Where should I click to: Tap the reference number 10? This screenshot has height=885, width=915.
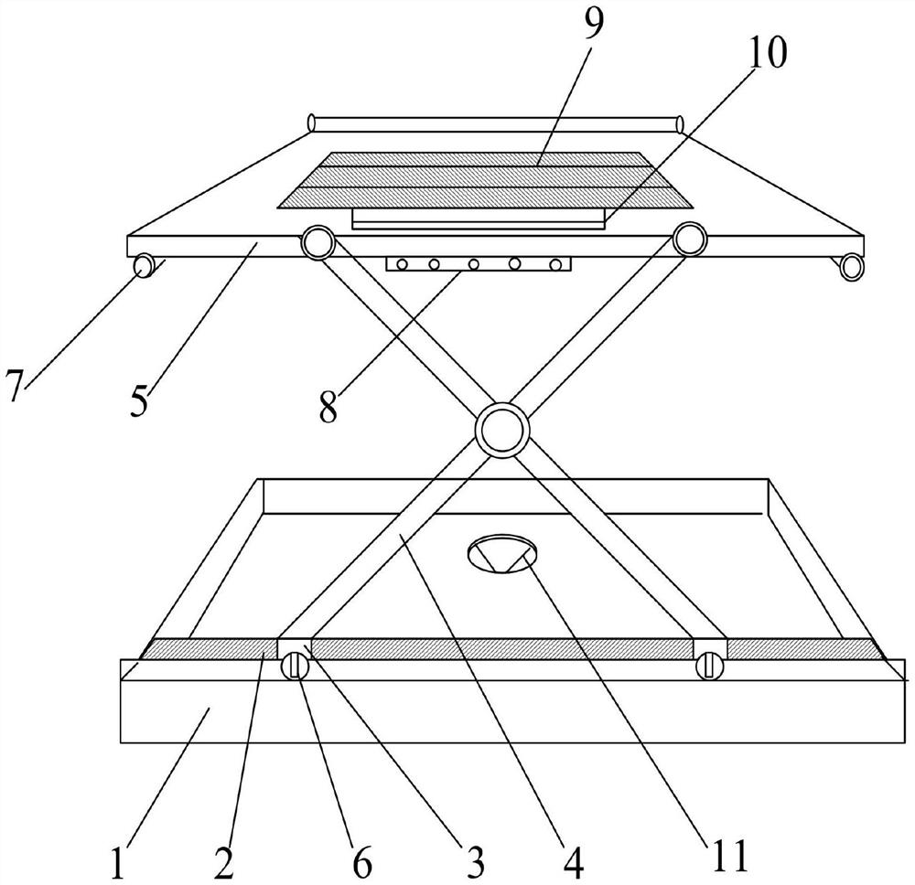768,56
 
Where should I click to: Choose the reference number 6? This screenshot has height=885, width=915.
362,863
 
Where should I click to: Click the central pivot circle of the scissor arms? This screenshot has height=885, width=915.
501,428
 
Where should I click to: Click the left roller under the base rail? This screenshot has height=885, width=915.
295,666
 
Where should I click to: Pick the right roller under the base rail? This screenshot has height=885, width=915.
709,666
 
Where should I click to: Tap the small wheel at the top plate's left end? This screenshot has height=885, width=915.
144,266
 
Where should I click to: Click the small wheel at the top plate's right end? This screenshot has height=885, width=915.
851,266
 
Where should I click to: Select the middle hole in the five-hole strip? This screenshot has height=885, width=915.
474,264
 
